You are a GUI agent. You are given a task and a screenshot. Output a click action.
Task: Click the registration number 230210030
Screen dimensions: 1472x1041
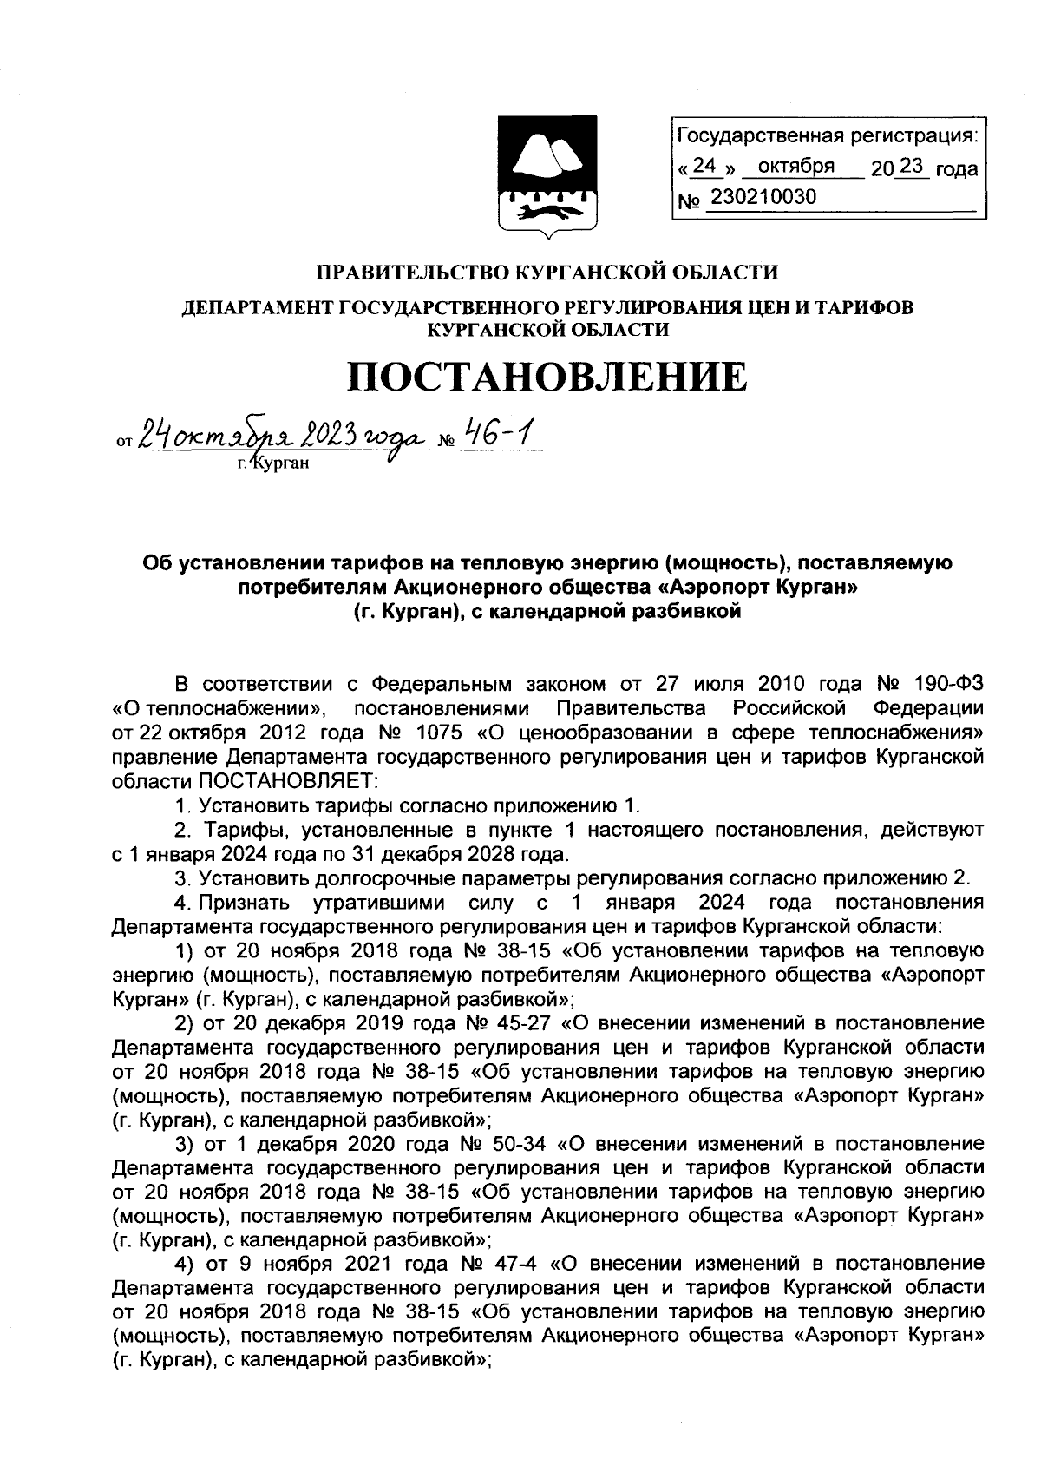click(x=763, y=198)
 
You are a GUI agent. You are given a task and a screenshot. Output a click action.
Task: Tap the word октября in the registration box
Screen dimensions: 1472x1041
click(x=795, y=166)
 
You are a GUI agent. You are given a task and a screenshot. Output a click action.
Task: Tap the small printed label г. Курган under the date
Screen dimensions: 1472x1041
click(x=272, y=462)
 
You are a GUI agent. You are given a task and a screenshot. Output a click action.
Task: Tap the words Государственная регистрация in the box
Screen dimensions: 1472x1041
click(x=826, y=136)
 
